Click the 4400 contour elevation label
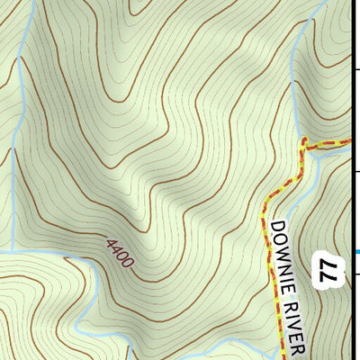120,254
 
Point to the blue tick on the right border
355,251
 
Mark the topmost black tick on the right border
355,67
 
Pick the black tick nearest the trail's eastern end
355,169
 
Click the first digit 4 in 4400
109,243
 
